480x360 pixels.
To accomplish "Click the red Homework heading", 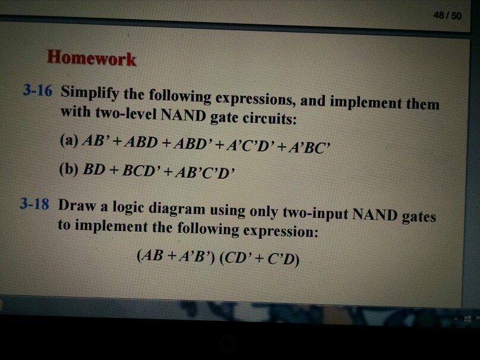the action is [x=91, y=58].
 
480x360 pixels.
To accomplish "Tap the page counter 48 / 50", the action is [x=447, y=15].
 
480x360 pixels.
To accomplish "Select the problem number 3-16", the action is [x=37, y=90].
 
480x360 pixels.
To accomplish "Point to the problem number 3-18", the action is [x=34, y=204].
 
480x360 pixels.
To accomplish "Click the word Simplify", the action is [x=89, y=92].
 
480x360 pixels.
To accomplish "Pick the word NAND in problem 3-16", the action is [x=183, y=115].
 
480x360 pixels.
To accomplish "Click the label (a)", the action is [x=70, y=140].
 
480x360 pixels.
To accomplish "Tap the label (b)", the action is [x=68, y=169].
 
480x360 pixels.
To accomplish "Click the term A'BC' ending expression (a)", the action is [x=308, y=147].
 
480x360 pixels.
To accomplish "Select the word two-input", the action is [x=315, y=213].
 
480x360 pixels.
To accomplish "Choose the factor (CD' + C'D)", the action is [x=260, y=258].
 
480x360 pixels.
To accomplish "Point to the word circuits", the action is [x=270, y=118].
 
